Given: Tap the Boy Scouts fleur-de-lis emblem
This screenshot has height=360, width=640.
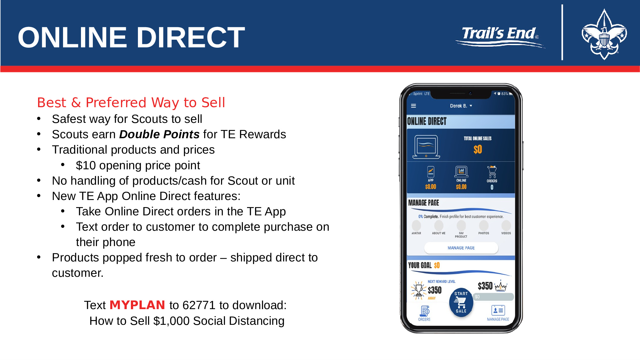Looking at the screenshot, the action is [604, 34].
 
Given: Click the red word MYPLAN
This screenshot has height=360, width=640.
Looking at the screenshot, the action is [137, 305].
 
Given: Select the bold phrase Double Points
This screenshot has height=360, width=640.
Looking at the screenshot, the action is [159, 134].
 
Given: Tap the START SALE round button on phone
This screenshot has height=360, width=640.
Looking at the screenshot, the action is [461, 302].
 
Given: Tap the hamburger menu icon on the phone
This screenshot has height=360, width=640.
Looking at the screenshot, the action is [413, 106].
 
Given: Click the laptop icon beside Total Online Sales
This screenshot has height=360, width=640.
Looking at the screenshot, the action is [426, 147].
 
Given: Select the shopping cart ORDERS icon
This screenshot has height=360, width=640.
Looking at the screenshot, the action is [492, 172].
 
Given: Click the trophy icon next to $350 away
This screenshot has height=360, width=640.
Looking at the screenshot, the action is [418, 290].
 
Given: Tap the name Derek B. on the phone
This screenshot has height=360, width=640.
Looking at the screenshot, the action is [459, 106].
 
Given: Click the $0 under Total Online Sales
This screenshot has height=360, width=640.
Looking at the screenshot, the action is [478, 149].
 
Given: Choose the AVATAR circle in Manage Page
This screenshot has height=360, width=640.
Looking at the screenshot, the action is [416, 225].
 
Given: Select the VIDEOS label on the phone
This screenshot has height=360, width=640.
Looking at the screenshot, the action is [506, 233].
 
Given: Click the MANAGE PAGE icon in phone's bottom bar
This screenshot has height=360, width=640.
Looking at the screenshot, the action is [498, 310].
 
